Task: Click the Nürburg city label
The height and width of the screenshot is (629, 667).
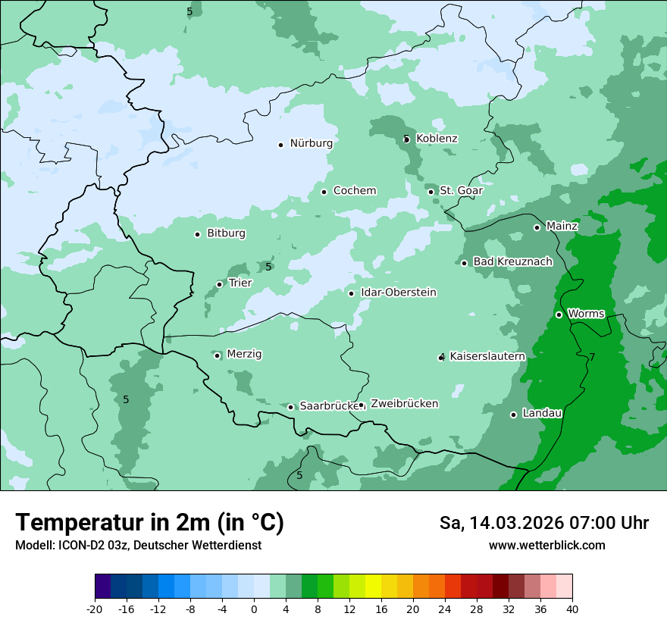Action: tap(311, 143)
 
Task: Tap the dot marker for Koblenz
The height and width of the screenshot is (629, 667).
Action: tap(406, 139)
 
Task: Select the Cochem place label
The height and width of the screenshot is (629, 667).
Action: tap(354, 191)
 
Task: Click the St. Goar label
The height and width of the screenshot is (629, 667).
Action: tap(461, 191)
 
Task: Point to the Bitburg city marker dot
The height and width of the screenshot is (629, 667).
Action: tap(197, 234)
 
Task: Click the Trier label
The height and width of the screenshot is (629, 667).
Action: tap(240, 283)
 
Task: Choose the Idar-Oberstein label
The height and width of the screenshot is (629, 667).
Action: tap(399, 293)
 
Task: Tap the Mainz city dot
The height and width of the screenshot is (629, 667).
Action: tap(537, 227)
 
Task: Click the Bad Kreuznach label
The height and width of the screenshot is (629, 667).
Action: tap(512, 261)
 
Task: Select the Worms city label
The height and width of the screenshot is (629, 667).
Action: tap(586, 314)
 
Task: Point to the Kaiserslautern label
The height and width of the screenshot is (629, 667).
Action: tap(487, 356)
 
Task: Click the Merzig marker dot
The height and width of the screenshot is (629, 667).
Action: tap(217, 355)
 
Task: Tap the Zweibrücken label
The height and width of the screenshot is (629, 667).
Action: tap(404, 404)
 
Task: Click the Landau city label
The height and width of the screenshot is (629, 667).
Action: tap(542, 414)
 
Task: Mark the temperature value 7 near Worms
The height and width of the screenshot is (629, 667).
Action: tap(592, 357)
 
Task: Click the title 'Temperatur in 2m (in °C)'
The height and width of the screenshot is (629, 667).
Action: tap(149, 522)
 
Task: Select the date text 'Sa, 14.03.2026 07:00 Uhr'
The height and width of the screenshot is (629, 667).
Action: tap(543, 523)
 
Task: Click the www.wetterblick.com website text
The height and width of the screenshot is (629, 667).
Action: tap(546, 546)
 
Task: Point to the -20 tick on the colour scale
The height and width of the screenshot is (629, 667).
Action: tap(95, 609)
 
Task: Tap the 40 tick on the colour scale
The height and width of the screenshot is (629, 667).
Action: tap(572, 609)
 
